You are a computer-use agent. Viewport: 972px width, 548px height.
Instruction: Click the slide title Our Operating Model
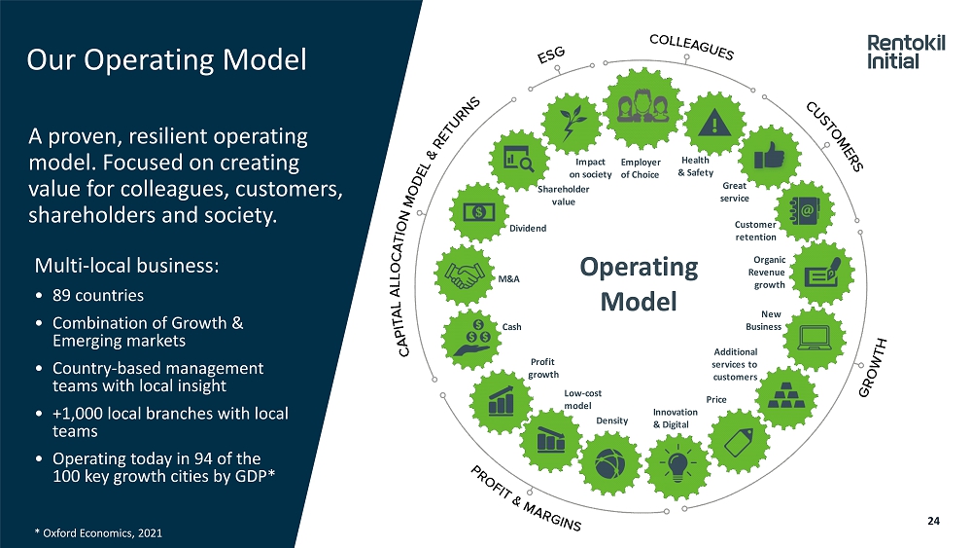coord(166,60)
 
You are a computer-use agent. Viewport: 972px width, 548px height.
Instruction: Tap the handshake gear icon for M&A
coord(465,274)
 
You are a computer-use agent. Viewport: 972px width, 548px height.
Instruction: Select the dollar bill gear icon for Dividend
coord(478,211)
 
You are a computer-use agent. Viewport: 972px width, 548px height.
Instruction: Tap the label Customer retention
coord(755,231)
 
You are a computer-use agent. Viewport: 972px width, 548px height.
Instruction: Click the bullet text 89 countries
coord(97,295)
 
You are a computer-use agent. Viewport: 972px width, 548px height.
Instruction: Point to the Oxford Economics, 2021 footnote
coord(95,532)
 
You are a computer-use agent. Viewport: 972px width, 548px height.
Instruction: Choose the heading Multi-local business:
coord(127,265)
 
